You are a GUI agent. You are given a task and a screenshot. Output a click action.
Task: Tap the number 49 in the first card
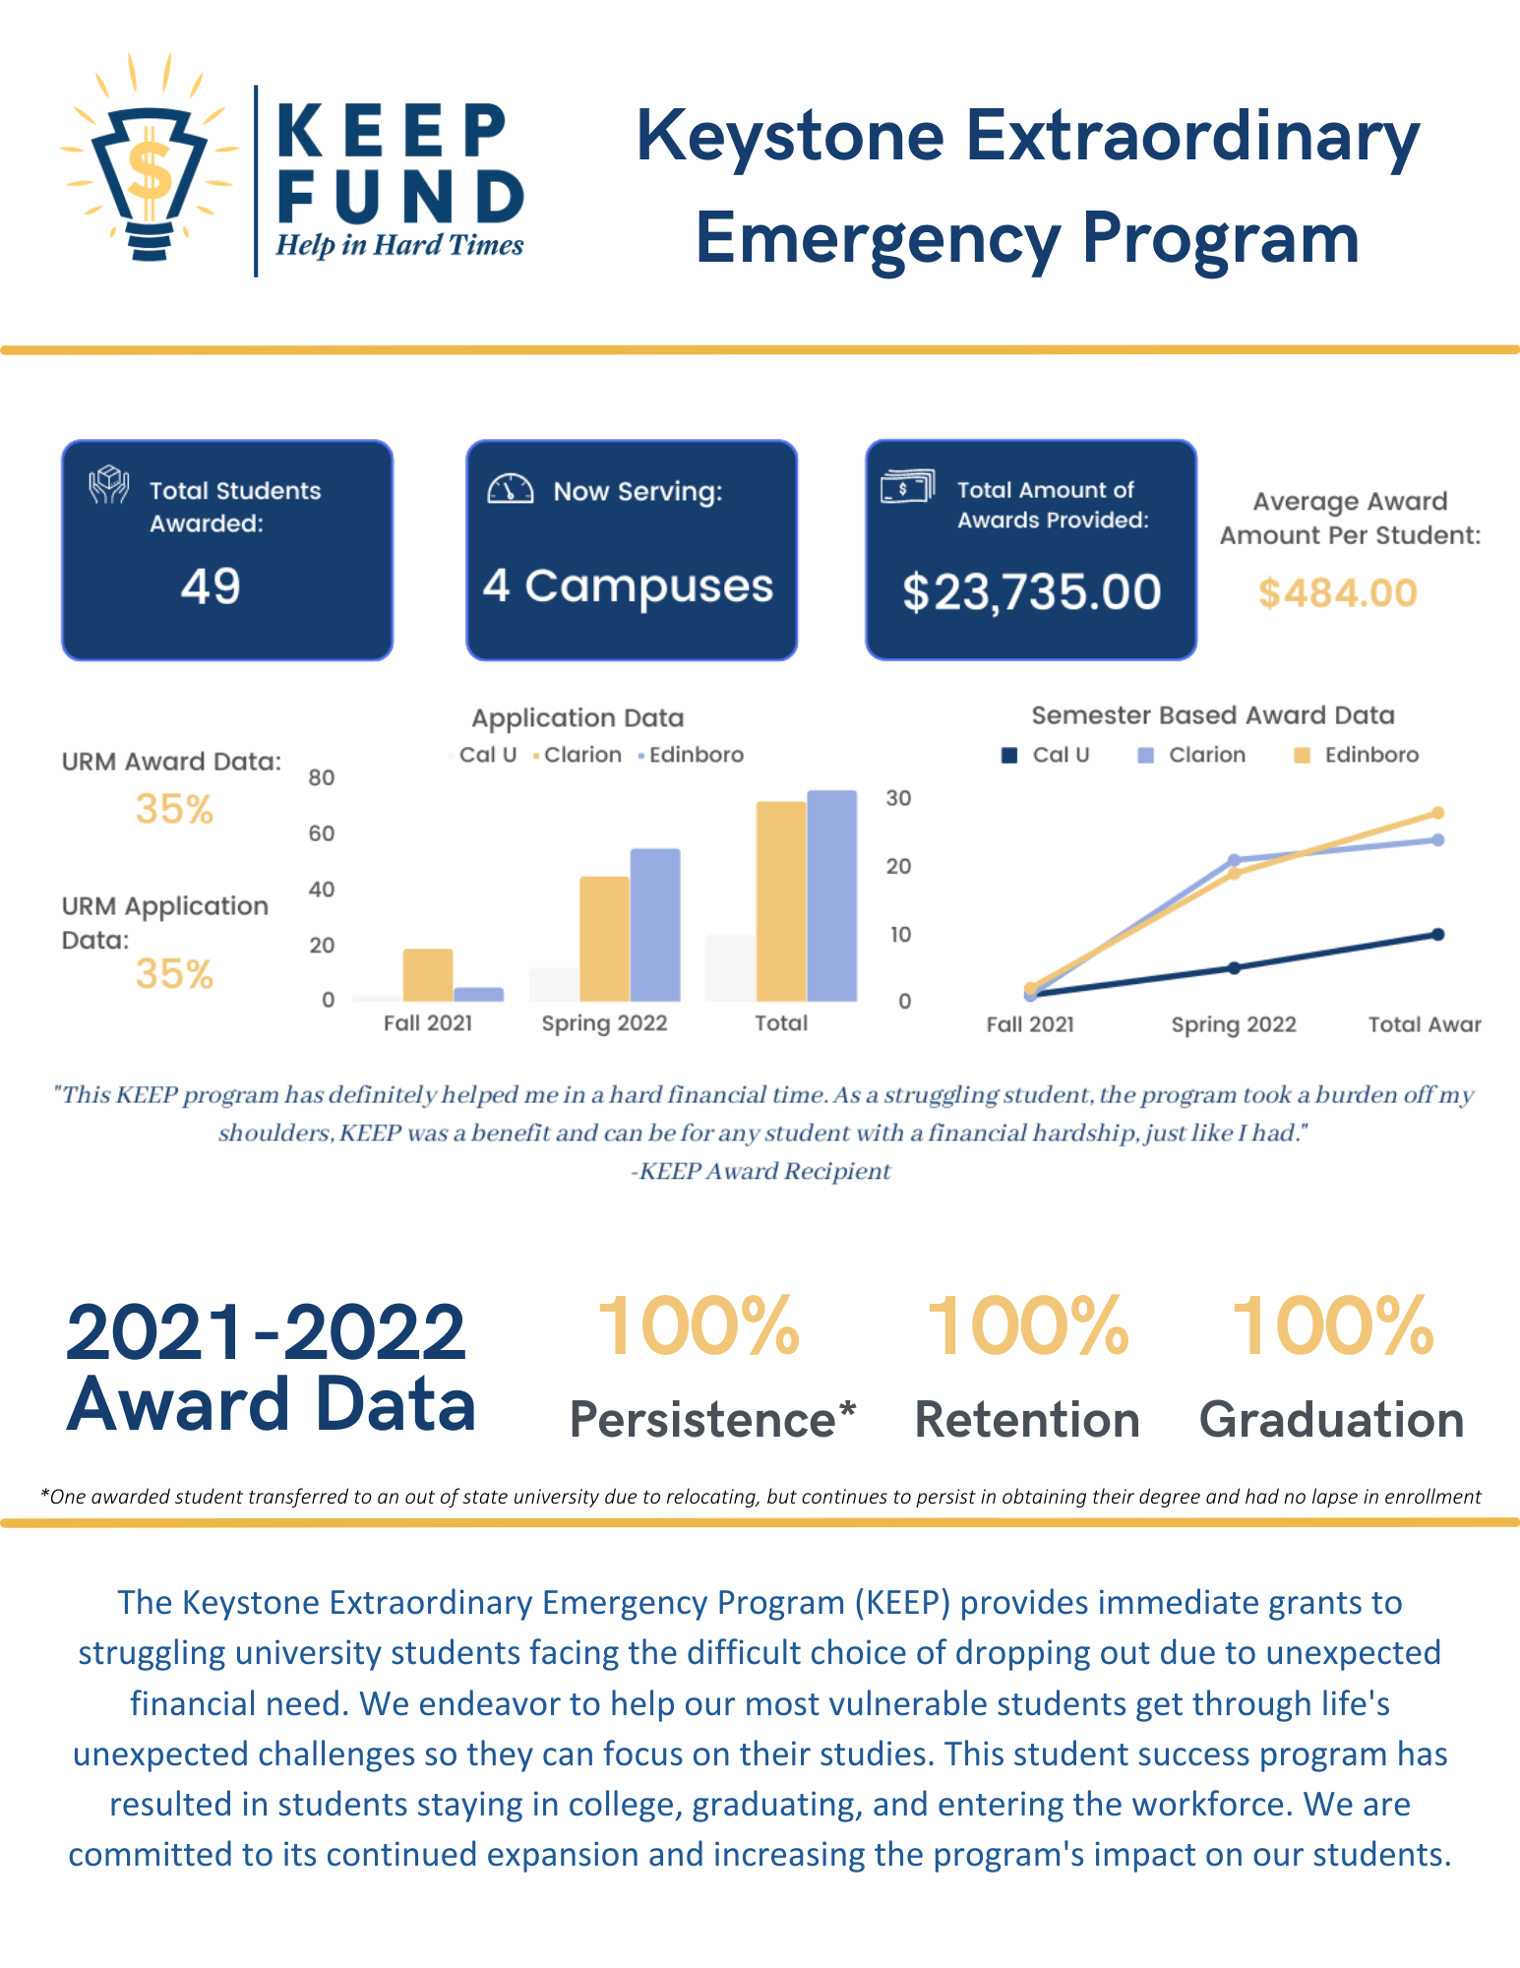tap(211, 586)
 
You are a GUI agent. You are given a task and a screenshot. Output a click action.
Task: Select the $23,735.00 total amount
tap(1031, 592)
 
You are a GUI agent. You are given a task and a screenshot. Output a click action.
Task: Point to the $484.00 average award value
tap(1337, 593)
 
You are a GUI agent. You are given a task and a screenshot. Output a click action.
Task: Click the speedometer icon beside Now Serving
tap(511, 489)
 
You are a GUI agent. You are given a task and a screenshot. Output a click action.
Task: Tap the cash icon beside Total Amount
tap(906, 486)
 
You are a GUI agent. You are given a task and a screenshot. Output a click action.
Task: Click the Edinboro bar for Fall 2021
tap(478, 994)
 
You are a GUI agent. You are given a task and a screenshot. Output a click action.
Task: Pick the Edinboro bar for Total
tap(831, 895)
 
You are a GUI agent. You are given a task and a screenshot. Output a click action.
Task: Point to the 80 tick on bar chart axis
tap(322, 777)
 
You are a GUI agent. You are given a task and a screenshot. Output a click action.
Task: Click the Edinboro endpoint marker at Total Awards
tap(1437, 813)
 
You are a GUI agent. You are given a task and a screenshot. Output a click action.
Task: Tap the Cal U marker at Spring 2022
tap(1234, 967)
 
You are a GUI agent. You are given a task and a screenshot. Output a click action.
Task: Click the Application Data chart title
tap(578, 718)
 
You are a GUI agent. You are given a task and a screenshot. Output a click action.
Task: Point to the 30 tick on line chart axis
tap(898, 798)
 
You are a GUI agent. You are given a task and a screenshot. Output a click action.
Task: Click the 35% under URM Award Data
tap(174, 810)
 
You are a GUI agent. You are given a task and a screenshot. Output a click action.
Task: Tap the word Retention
tap(1027, 1420)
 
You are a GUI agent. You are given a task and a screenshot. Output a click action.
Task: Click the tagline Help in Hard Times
tap(399, 245)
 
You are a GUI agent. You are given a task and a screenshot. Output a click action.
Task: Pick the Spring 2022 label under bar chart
tap(604, 1023)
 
